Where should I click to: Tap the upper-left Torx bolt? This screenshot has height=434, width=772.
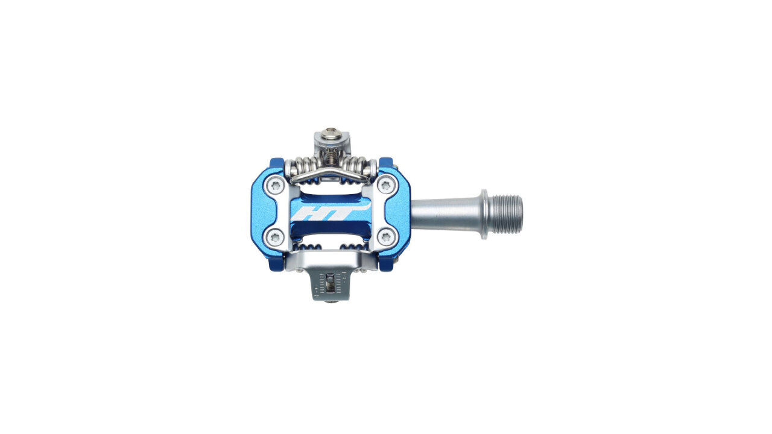tap(275, 186)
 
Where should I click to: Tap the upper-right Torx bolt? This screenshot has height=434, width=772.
tap(385, 186)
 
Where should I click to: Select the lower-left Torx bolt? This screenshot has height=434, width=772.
tap(275, 237)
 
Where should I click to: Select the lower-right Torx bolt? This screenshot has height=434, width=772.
tap(385, 237)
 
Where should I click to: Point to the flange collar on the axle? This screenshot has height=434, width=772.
tap(484, 214)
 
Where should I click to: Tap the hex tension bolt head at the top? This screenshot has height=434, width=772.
tap(332, 133)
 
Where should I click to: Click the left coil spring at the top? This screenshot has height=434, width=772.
tap(304, 165)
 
